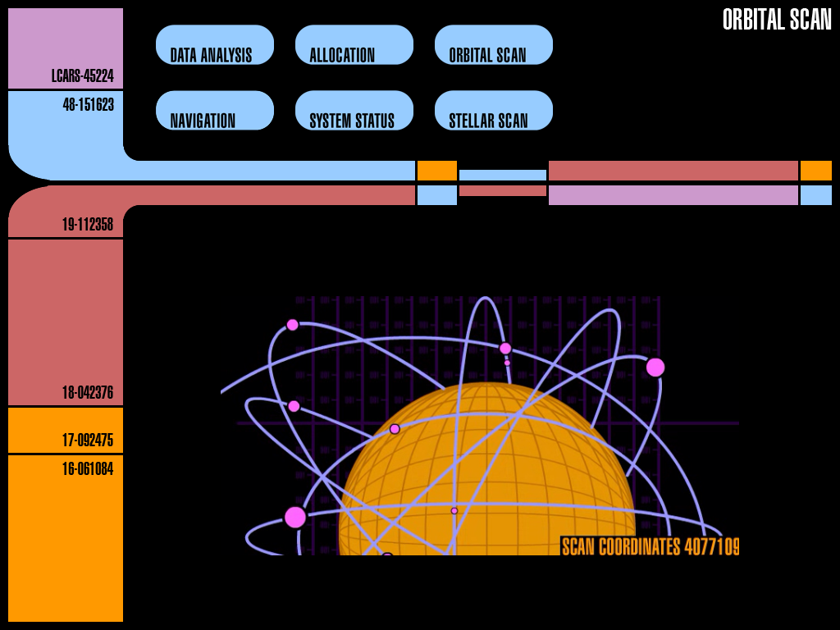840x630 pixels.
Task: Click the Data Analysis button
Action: point(214,45)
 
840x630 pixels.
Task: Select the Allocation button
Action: point(354,45)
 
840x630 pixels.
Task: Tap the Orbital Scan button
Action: point(493,45)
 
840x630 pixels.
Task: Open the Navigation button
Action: point(214,111)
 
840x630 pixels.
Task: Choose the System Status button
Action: point(354,111)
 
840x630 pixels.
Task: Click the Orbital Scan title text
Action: point(776,20)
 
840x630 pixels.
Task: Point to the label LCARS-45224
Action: point(82,76)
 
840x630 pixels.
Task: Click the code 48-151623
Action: point(88,105)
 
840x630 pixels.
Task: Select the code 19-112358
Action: point(88,224)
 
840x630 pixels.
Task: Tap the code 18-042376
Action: point(88,392)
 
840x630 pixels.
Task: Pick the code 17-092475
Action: point(88,441)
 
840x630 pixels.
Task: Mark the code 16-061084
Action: point(88,469)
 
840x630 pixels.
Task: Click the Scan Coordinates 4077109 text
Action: point(650,546)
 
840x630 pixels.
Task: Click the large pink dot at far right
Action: point(655,367)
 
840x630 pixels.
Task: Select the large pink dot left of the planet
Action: point(295,517)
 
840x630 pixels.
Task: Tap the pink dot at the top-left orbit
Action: point(293,325)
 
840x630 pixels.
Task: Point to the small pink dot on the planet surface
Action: point(454,511)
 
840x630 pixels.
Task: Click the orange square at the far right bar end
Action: point(815,171)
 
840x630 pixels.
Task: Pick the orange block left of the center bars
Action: point(436,171)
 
